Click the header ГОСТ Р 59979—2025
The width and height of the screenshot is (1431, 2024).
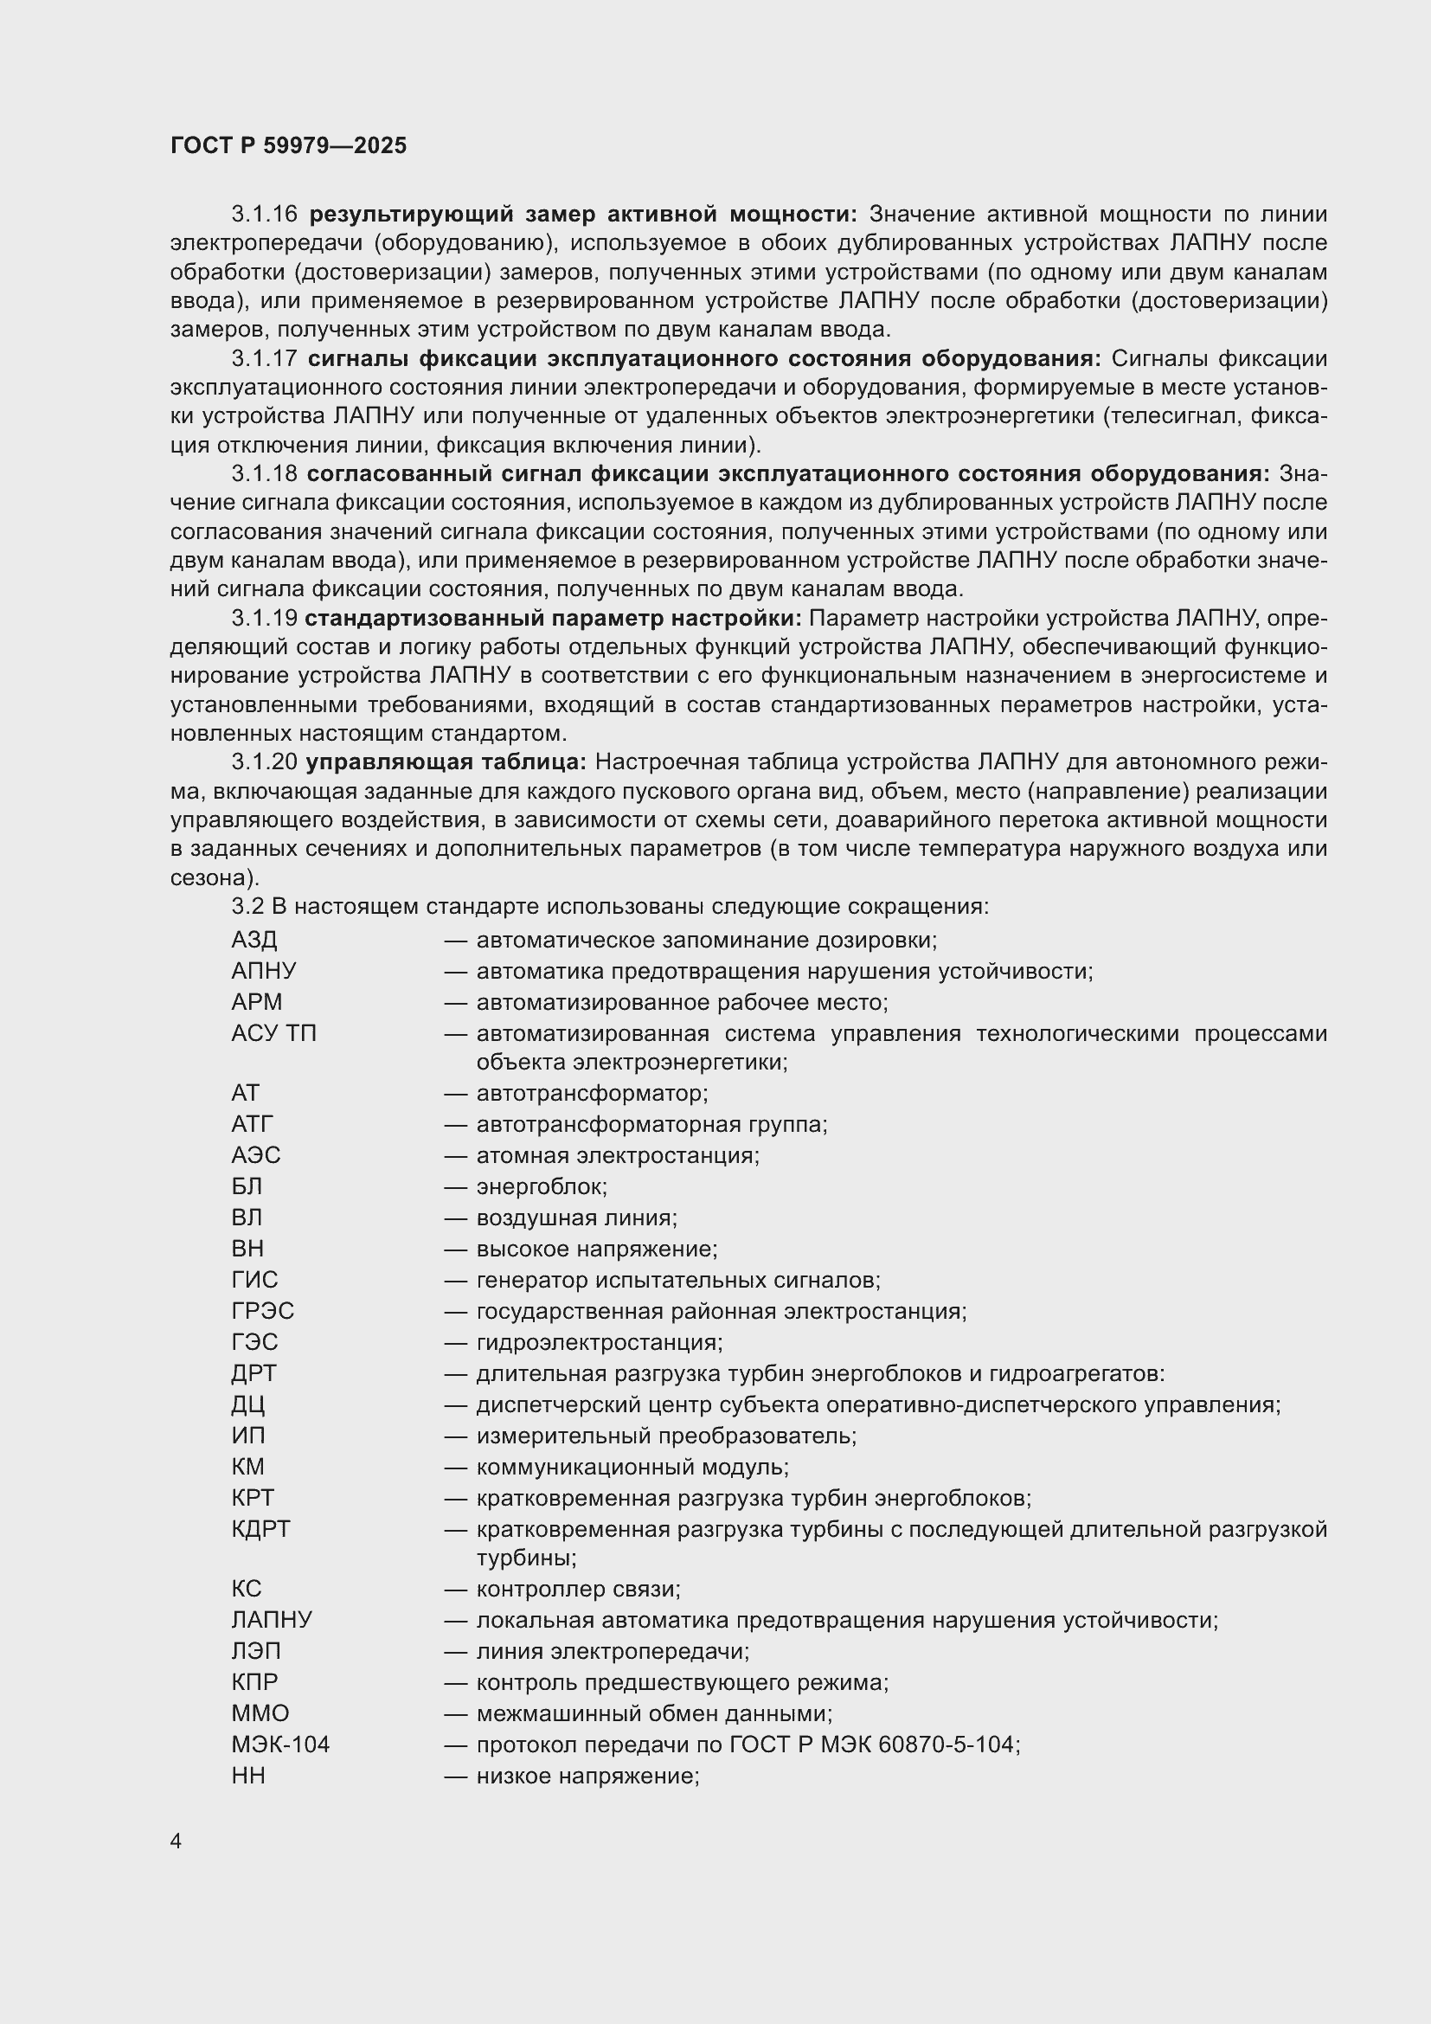click(x=288, y=145)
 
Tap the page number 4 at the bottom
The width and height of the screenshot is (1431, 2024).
click(x=176, y=1841)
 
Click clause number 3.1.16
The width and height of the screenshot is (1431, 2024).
click(x=265, y=215)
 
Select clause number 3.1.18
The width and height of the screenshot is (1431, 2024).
click(x=265, y=473)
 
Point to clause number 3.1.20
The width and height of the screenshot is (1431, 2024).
click(x=265, y=761)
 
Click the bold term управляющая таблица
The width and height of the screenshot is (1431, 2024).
click(x=446, y=761)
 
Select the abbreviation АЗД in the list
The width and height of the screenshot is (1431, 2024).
click(x=253, y=940)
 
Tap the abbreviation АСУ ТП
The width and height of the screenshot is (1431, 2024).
click(x=273, y=1033)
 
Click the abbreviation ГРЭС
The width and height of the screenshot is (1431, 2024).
click(x=263, y=1311)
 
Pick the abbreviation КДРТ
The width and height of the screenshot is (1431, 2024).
click(x=260, y=1528)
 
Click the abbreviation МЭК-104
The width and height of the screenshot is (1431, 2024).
click(x=280, y=1744)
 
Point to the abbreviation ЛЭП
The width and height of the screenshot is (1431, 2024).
click(x=256, y=1650)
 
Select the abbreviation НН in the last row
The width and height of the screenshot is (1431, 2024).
click(x=248, y=1776)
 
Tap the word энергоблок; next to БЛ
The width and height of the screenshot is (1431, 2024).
click(x=542, y=1186)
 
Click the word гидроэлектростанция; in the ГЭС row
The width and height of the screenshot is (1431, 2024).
click(x=600, y=1342)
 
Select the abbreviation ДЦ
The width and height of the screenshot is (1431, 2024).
click(x=248, y=1404)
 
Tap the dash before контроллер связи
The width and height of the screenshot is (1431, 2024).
click(x=455, y=1589)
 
